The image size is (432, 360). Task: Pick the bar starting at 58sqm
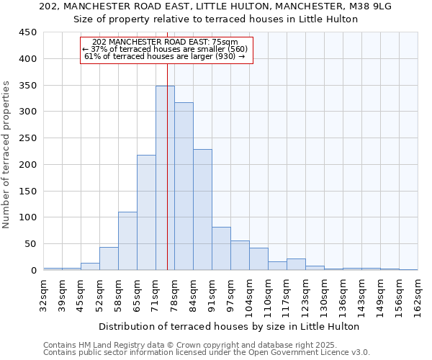[127, 240]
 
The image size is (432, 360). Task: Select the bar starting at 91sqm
[221, 248]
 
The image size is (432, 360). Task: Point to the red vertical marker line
[168, 144]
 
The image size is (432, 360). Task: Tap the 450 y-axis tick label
[27, 32]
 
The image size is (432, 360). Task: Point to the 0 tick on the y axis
[33, 271]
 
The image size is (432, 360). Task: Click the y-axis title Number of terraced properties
[6, 154]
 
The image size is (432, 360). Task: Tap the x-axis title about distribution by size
[229, 326]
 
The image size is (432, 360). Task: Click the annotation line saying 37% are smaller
[166, 49]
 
